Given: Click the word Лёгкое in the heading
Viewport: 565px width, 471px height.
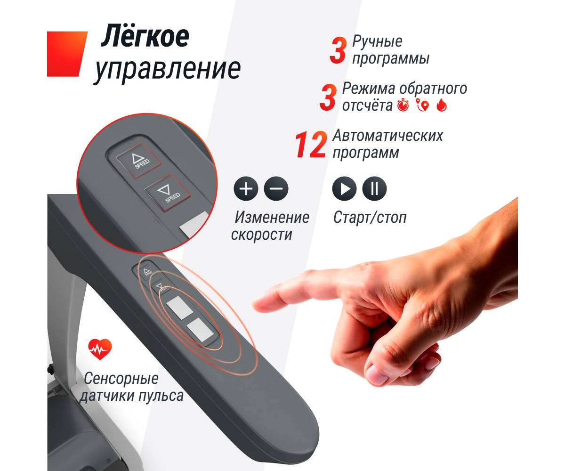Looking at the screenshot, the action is pyautogui.click(x=145, y=36).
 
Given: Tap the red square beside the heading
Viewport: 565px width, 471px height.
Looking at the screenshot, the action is pyautogui.click(x=67, y=54).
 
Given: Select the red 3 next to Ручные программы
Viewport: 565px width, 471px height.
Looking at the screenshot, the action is pyautogui.click(x=338, y=50).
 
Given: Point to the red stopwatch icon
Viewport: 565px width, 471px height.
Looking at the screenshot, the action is pyautogui.click(x=403, y=106).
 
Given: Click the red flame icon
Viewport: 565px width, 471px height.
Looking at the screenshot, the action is pyautogui.click(x=442, y=106).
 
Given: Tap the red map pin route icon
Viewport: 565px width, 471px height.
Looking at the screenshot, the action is pyautogui.click(x=422, y=106).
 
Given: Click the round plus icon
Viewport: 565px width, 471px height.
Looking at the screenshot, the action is pyautogui.click(x=246, y=188).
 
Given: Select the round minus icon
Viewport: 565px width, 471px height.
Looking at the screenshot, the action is pyautogui.click(x=276, y=188).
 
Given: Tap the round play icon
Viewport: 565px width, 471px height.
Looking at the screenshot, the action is pyautogui.click(x=344, y=188).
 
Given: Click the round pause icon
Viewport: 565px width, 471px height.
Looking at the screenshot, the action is pyautogui.click(x=374, y=188).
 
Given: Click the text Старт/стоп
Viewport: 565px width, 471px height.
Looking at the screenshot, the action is pyautogui.click(x=370, y=217).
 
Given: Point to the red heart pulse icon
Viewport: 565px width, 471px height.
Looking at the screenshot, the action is pyautogui.click(x=100, y=349).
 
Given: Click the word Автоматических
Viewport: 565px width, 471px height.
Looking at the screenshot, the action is pyautogui.click(x=388, y=135).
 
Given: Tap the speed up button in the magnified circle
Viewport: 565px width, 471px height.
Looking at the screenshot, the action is pyautogui.click(x=139, y=160).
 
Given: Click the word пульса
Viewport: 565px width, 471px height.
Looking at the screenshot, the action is pyautogui.click(x=161, y=396).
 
